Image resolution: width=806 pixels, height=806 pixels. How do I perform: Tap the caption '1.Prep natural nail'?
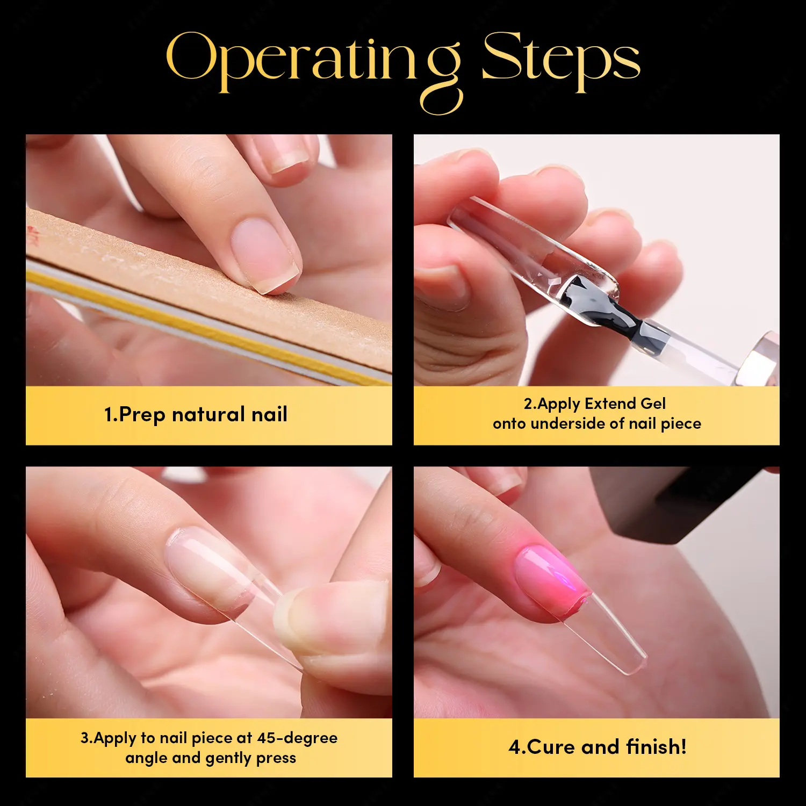196,414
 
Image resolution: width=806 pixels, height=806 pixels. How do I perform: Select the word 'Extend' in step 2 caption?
610,404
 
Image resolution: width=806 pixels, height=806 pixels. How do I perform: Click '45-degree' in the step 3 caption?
297,738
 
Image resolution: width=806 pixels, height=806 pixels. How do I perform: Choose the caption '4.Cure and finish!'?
598,747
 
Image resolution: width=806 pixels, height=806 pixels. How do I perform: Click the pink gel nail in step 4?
550,579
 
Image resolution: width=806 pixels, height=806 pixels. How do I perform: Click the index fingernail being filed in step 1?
263,252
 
